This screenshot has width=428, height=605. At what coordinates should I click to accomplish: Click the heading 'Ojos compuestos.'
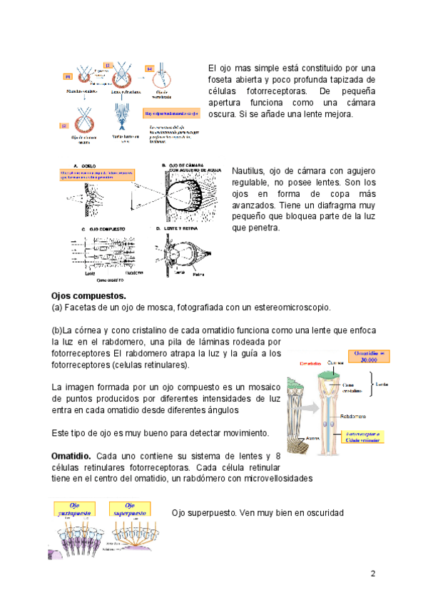pyautogui.click(x=88, y=295)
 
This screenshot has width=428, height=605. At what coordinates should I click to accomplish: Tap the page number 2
pyautogui.click(x=372, y=574)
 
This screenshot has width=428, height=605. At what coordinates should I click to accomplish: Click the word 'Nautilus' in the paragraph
pyautogui.click(x=248, y=171)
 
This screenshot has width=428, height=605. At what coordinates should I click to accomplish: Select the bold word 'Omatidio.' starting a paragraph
pyautogui.click(x=71, y=455)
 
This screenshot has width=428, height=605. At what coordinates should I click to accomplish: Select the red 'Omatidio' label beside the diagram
pyautogui.click(x=310, y=364)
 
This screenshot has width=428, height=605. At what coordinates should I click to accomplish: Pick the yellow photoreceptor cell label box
pyautogui.click(x=367, y=437)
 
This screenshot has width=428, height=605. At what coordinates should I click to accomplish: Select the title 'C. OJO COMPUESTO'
pyautogui.click(x=103, y=228)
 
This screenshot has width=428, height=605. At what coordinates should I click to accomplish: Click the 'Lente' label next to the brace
pyautogui.click(x=382, y=382)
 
